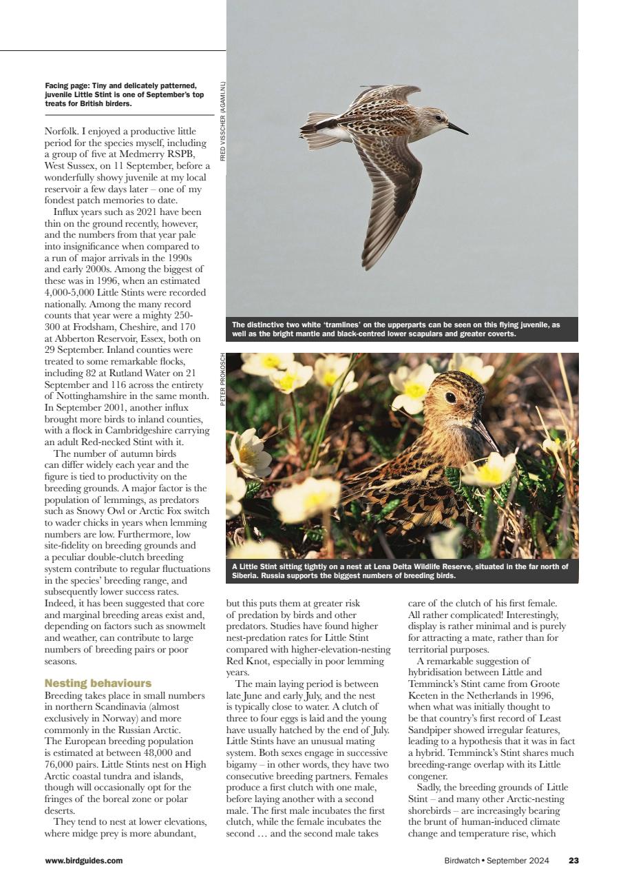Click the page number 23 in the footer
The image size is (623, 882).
pyautogui.click(x=573, y=860)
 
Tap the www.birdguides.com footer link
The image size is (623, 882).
pyautogui.click(x=84, y=860)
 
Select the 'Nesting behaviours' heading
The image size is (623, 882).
pyautogui.click(x=98, y=683)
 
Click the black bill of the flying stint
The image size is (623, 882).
pyautogui.click(x=457, y=128)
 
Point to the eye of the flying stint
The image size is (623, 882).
pyautogui.click(x=438, y=119)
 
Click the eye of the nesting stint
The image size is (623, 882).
pyautogui.click(x=451, y=398)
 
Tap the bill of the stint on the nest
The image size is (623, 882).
pyautogui.click(x=486, y=434)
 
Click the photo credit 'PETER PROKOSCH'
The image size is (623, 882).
pyautogui.click(x=222, y=380)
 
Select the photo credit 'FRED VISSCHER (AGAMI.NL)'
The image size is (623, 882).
pyautogui.click(x=222, y=122)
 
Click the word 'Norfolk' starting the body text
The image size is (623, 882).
pyautogui.click(x=61, y=131)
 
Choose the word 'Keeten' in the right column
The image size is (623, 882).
pyautogui.click(x=423, y=695)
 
